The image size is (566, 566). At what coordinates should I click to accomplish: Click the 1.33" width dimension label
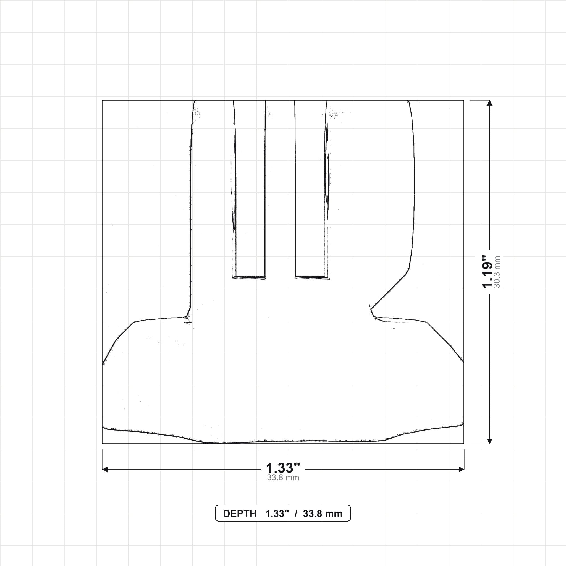pyautogui.click(x=283, y=468)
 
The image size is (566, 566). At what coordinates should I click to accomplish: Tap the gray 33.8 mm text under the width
pyautogui.click(x=283, y=478)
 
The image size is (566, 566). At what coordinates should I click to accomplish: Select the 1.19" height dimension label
pyautogui.click(x=488, y=272)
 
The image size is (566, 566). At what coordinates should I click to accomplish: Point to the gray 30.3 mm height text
pyautogui.click(x=497, y=272)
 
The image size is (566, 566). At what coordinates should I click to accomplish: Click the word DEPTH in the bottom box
pyautogui.click(x=240, y=513)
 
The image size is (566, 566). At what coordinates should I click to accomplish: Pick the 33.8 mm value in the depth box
pyautogui.click(x=323, y=513)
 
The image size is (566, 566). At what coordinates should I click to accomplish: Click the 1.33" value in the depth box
pyautogui.click(x=277, y=513)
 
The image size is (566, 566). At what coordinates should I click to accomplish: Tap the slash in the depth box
pyautogui.click(x=296, y=513)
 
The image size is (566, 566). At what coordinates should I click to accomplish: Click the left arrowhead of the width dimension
pyautogui.click(x=104, y=469)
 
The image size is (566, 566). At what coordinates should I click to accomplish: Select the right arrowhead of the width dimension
pyautogui.click(x=462, y=469)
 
